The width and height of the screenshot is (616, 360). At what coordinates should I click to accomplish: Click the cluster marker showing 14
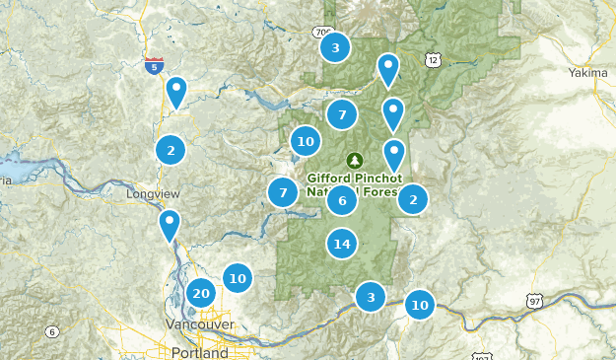click(342, 243)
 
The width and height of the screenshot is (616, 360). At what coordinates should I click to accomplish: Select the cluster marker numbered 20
click(201, 293)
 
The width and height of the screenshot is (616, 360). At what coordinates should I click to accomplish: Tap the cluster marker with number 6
click(342, 201)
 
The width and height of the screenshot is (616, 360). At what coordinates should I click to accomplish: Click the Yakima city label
click(588, 72)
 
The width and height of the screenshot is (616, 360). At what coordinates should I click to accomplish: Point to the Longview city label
click(149, 194)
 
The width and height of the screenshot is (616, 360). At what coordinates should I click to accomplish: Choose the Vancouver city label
click(200, 324)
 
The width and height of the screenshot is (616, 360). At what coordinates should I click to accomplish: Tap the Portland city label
click(199, 352)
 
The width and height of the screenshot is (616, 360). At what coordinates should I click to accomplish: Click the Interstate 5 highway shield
click(154, 66)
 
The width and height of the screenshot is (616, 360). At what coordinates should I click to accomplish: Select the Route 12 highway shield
click(434, 61)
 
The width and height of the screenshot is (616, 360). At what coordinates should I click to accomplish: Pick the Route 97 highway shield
click(535, 300)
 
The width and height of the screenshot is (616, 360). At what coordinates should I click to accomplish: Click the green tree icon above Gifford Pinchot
click(354, 160)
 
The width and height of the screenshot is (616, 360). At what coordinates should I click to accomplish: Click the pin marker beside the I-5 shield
click(176, 92)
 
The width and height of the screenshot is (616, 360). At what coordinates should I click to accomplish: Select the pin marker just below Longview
click(170, 226)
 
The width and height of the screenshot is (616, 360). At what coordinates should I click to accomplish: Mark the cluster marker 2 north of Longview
click(171, 150)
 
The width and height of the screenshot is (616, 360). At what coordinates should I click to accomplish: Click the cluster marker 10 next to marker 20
click(237, 278)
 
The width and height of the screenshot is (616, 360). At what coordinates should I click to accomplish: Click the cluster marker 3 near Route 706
click(335, 46)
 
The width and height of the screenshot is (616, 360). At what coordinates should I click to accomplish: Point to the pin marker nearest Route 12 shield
click(388, 69)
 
